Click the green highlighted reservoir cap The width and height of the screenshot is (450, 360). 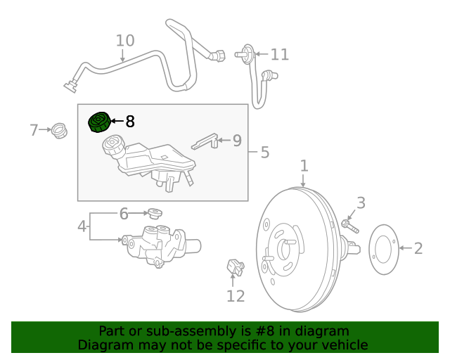(x=99, y=122)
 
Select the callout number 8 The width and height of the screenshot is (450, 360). (x=129, y=122)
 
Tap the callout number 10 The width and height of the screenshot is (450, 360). (x=124, y=41)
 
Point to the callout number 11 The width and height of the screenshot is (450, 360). (x=279, y=54)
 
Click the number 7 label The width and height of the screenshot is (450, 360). (x=34, y=130)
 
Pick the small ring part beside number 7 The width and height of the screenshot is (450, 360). (x=60, y=130)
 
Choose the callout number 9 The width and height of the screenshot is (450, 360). (x=237, y=141)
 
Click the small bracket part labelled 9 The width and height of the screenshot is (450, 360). (x=205, y=141)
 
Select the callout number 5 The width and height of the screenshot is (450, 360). (x=265, y=152)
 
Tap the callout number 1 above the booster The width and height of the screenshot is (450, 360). (x=304, y=166)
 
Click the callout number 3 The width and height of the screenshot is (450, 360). (x=361, y=203)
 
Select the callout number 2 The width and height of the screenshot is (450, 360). (x=418, y=248)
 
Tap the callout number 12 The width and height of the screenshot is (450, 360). (x=236, y=296)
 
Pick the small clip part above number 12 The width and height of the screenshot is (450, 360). (x=235, y=266)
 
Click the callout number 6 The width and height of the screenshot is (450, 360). (x=124, y=213)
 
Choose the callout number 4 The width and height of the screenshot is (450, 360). (x=82, y=226)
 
